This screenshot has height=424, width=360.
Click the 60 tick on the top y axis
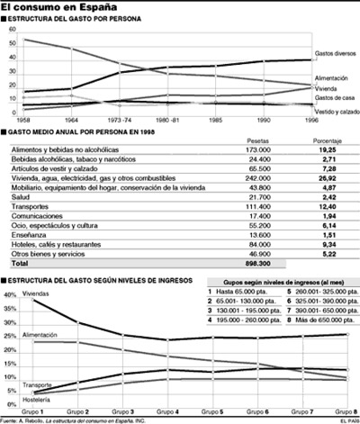click(x=12, y=28)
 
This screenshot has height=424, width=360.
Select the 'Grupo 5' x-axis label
click(x=215, y=410)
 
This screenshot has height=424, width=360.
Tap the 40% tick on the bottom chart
click(x=12, y=294)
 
